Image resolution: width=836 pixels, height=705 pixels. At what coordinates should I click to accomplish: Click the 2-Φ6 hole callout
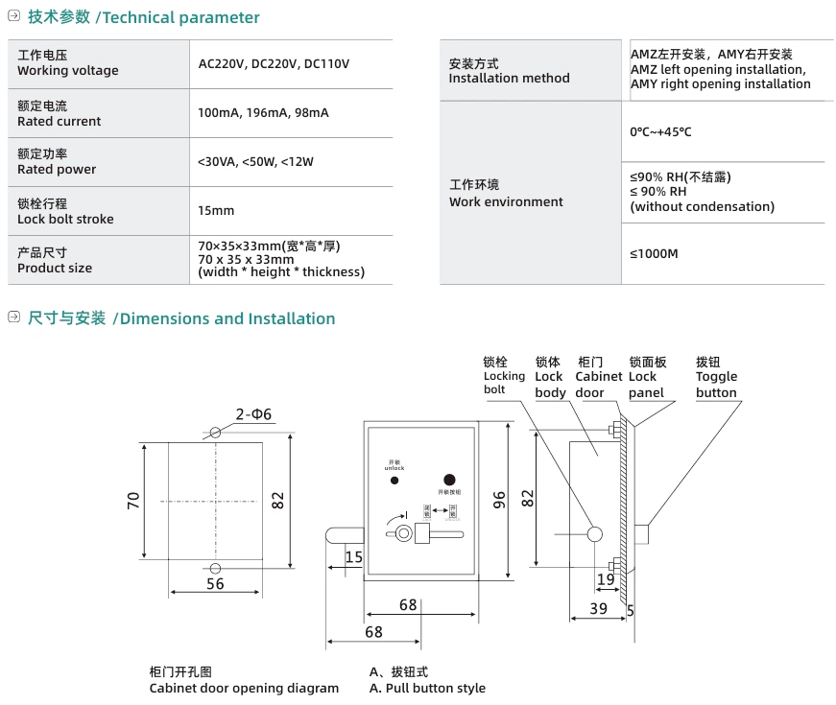253,414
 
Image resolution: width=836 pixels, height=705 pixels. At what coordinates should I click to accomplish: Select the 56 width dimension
215,583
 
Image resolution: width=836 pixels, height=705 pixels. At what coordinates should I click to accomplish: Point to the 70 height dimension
134,500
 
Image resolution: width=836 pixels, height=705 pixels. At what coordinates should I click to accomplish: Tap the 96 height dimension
499,500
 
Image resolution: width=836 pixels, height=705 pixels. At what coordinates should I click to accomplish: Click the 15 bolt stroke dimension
353,557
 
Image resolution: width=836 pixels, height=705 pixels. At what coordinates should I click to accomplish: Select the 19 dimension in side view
606,579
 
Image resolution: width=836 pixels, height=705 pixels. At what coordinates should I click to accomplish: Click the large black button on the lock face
448,480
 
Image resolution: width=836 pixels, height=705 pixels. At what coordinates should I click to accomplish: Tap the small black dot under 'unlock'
394,480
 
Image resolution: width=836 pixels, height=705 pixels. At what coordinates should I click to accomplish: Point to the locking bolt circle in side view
594,533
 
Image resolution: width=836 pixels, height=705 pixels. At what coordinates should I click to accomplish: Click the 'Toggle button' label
716,377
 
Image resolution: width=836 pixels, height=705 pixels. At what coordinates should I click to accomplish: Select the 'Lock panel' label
647,377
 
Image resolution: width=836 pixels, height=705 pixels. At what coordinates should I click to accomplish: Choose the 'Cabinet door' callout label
599,377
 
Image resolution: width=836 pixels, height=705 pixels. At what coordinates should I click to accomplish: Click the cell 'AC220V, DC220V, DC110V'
274,64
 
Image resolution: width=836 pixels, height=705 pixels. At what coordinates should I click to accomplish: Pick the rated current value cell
263,113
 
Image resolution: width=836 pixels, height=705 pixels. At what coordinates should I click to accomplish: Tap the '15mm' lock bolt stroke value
216,211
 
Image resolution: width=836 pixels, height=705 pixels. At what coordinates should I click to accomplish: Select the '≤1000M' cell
654,254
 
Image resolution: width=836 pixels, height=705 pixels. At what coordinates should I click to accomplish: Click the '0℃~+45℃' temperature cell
660,131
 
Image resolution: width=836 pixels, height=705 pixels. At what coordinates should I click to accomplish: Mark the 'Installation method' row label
509,71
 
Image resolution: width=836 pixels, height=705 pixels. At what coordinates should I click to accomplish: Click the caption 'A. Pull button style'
427,688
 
